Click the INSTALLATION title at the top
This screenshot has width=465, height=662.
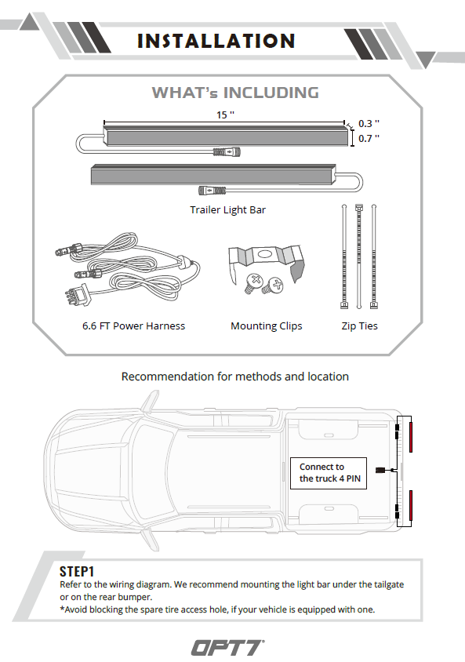coord(216,41)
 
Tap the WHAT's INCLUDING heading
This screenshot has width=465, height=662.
coord(235,93)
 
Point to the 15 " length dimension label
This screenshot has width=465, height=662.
coord(225,115)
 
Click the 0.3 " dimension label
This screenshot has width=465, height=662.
coord(369,124)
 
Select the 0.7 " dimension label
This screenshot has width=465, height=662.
coord(369,139)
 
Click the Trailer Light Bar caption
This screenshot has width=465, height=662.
coord(228,210)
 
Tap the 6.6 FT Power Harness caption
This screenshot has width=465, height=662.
coord(134,326)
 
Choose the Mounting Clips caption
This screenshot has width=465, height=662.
coord(267,326)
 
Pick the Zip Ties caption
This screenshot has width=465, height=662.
coord(359,326)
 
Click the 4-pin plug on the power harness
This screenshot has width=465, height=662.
coord(77,294)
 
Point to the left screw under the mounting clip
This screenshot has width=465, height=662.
coord(252,283)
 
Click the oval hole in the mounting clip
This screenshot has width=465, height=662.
coord(264,254)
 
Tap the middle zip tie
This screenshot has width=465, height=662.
coord(359,256)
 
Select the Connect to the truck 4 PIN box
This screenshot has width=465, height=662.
coord(329,473)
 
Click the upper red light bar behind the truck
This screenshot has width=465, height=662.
coord(411,437)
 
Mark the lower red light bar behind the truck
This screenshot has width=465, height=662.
coord(411,506)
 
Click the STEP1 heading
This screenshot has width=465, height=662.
coord(77,572)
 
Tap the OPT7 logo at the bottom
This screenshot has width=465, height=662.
coord(228,648)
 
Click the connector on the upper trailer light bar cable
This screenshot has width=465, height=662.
coord(227,151)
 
